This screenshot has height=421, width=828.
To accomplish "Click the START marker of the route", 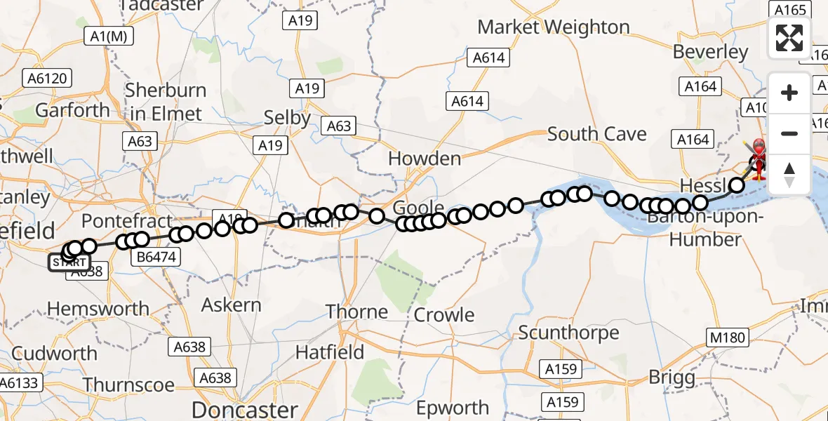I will click(x=69, y=263).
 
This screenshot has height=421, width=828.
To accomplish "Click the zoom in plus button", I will click(x=789, y=93).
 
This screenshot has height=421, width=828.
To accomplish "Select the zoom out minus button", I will click(x=789, y=133).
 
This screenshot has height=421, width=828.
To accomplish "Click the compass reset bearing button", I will click(x=789, y=174).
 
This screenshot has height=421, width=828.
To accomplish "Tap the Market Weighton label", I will click(x=554, y=27).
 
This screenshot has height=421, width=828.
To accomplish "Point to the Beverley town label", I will click(x=711, y=52).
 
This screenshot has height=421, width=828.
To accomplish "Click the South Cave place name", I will click(x=596, y=133).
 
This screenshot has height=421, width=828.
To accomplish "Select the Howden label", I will click(x=425, y=159).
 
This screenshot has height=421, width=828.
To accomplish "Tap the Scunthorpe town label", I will click(x=569, y=332).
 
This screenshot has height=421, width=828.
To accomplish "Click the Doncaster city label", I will click(x=245, y=409).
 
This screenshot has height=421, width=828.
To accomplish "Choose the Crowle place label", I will click(x=444, y=315).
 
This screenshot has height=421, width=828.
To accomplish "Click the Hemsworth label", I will click(x=98, y=308).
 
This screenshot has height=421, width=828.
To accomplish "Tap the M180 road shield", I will click(x=727, y=338).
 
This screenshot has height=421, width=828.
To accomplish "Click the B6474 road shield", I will click(x=156, y=258).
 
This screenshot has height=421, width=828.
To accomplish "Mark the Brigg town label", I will click(x=672, y=377).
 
